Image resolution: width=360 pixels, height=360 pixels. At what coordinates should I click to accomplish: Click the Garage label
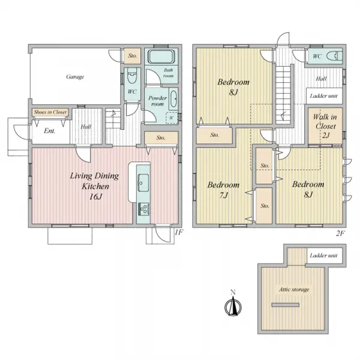coord(75,77)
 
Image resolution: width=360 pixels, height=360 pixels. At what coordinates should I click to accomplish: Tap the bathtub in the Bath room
coord(160,56)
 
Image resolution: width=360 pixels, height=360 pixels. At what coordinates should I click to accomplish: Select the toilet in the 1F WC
coord(132,76)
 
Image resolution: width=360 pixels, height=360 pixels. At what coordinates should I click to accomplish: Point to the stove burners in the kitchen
coord(143,209)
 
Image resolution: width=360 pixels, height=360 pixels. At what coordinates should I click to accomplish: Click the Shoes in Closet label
coord(50,112)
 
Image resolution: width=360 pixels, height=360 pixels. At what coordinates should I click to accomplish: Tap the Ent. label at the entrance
coord(50,131)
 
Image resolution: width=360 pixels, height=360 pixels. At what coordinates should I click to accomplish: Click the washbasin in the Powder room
coord(173,99)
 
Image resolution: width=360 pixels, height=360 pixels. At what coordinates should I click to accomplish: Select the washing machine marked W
coord(172,118)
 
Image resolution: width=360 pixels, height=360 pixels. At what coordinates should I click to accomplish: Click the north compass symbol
coord(233,305)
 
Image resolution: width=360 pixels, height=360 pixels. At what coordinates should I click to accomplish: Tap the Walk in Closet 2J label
coord(325,126)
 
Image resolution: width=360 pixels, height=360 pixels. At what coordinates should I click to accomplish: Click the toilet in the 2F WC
coord(334,56)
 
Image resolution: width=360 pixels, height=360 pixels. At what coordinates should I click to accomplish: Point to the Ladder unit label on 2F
coord(324,96)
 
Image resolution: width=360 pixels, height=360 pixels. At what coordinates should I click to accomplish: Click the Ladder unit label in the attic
coord(324,256)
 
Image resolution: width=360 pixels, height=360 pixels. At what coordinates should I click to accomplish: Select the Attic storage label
coord(294,290)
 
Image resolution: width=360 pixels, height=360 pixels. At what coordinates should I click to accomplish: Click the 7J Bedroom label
coord(223,190)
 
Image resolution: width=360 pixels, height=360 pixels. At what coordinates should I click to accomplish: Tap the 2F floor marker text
coord(340,233)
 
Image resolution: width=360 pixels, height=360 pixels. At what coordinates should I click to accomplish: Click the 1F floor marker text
coord(179,232)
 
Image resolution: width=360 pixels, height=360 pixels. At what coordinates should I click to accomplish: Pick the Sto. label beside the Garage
coord(133,56)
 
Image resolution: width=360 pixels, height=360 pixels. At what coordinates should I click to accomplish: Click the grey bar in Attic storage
coord(286,305)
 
